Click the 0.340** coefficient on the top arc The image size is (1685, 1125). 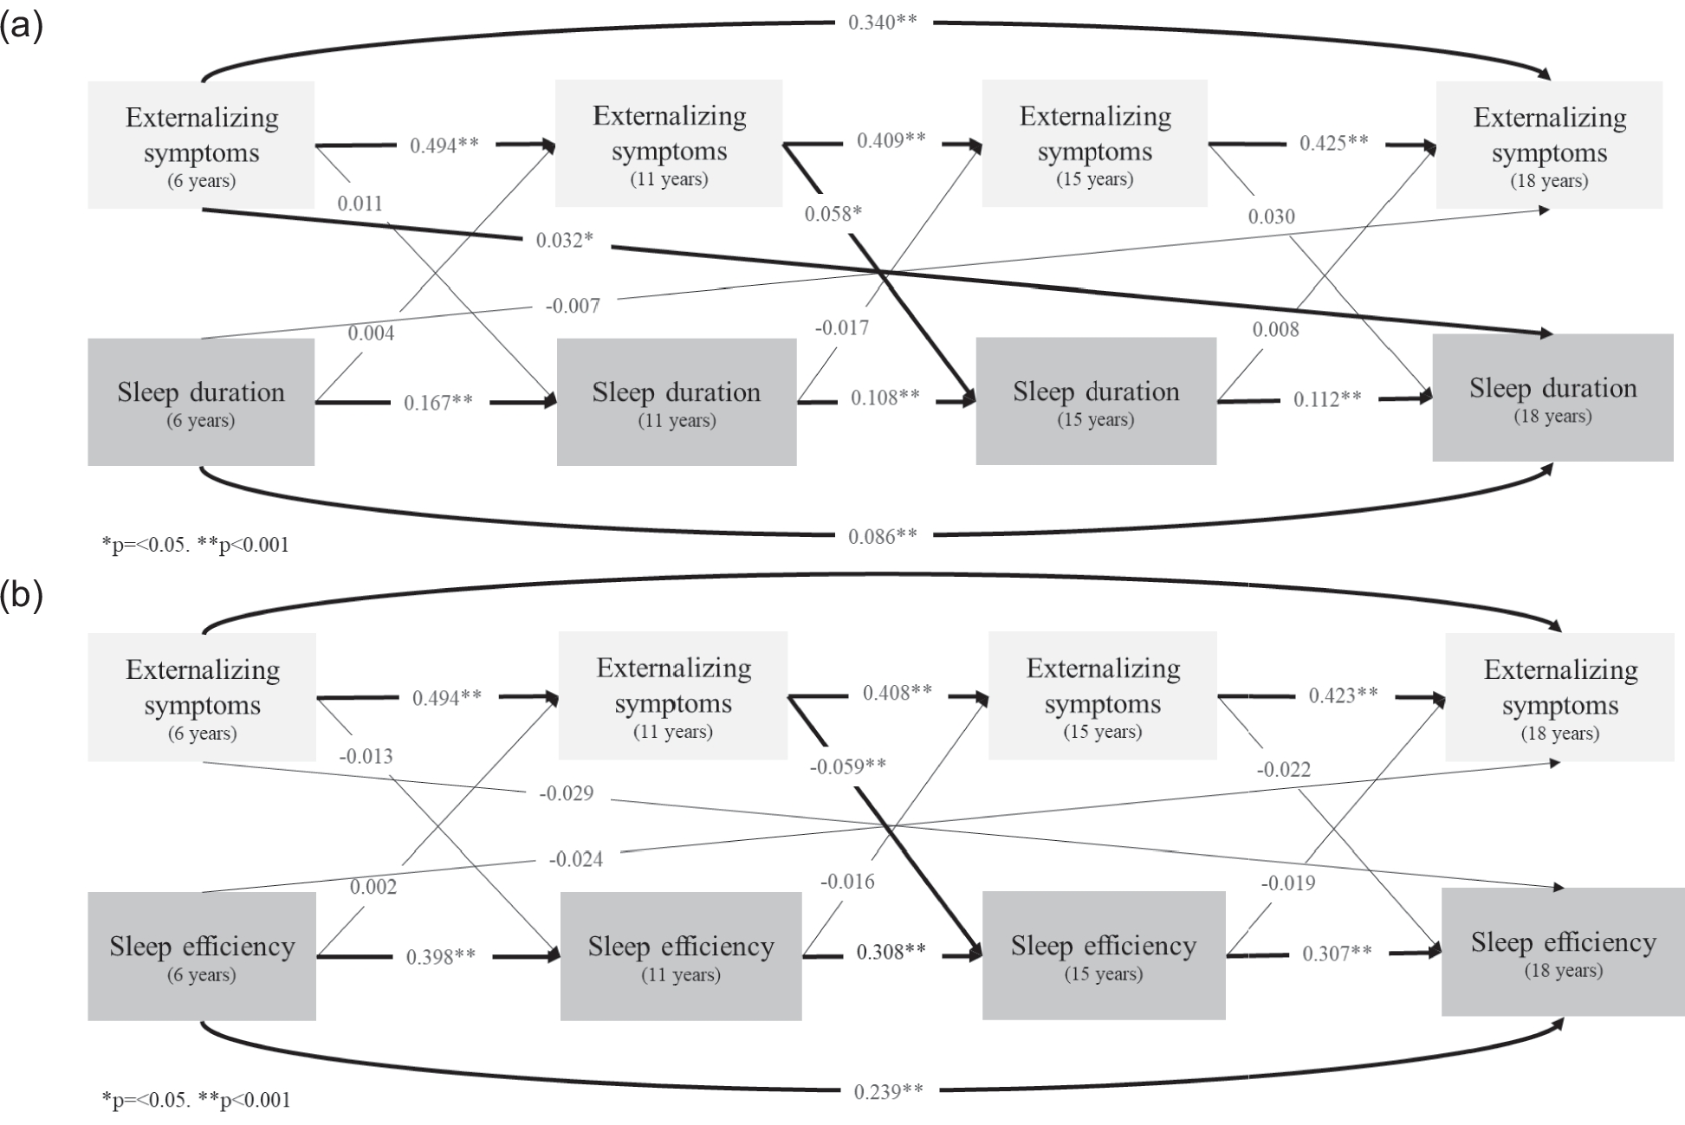click(x=882, y=22)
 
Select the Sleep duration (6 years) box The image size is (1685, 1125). click(x=201, y=402)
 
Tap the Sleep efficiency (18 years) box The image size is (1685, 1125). click(x=1563, y=952)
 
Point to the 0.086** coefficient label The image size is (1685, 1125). click(x=882, y=536)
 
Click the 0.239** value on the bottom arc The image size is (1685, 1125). click(x=888, y=1091)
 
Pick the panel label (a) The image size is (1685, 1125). click(x=21, y=27)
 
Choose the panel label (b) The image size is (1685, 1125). click(x=21, y=596)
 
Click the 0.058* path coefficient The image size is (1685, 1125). click(x=833, y=213)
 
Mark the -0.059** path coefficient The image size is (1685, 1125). click(x=847, y=766)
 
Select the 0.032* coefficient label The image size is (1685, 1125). click(x=564, y=240)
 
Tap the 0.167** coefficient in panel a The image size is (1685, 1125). click(x=438, y=402)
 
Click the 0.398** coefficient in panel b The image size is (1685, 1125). click(x=441, y=956)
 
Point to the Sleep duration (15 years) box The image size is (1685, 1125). click(x=1096, y=401)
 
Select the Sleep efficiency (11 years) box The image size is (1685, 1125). click(x=681, y=956)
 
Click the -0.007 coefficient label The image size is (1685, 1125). click(x=572, y=306)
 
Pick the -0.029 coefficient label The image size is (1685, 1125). click(x=567, y=793)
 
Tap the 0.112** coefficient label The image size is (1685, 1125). click(x=1327, y=398)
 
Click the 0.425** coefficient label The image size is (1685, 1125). click(x=1333, y=143)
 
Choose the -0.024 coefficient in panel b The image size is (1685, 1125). click(x=576, y=859)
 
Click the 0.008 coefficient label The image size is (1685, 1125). click(x=1275, y=329)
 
